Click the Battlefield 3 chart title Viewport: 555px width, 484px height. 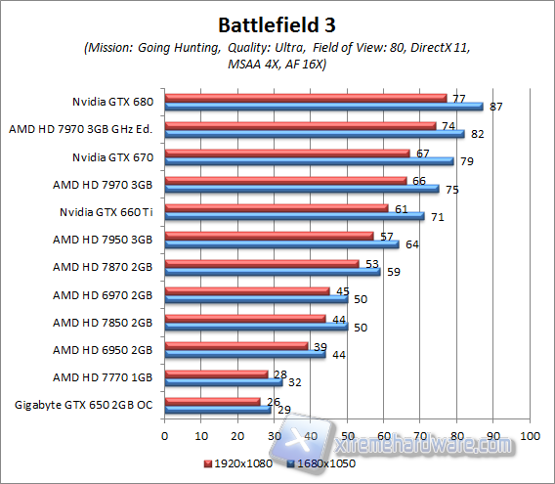click(277, 22)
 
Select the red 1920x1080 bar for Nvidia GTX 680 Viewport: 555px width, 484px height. click(305, 98)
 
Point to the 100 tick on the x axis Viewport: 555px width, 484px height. click(530, 434)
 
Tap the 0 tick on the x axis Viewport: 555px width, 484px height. click(165, 434)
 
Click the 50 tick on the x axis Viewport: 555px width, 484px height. click(348, 434)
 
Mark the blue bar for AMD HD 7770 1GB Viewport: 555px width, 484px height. click(223, 381)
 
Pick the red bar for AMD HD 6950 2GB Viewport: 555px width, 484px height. click(235, 345)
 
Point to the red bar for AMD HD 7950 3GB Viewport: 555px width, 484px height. click(269, 236)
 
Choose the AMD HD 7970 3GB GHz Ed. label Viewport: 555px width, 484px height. click(84, 128)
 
